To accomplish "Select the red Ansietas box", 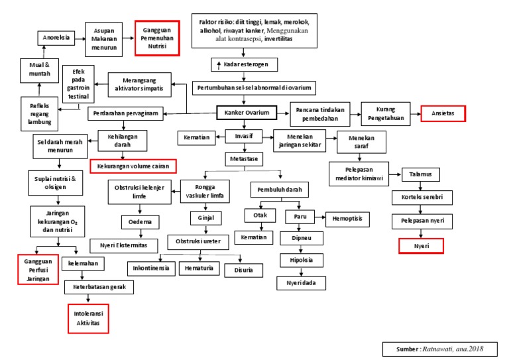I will [443, 113].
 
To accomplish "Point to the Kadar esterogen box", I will [245, 65].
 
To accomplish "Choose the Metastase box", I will [244, 160].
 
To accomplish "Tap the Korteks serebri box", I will [421, 198].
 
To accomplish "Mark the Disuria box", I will [238, 270].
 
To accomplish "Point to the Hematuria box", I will [197, 269].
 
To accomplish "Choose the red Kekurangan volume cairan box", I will [133, 166].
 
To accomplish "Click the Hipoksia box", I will [301, 260].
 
